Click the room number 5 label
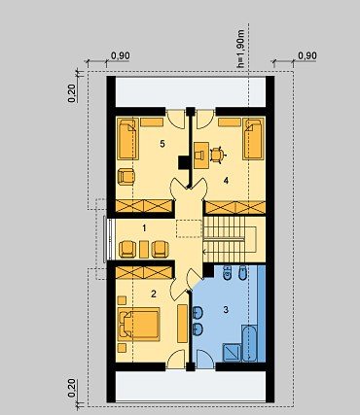(162, 144)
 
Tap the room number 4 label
(226, 181)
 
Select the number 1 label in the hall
(144, 228)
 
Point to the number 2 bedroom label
(154, 294)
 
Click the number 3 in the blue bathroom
(226, 310)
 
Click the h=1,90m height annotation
(241, 49)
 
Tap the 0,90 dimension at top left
(121, 56)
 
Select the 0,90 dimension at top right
(306, 56)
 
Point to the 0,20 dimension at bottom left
(72, 388)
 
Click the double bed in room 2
(139, 325)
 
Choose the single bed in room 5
(127, 139)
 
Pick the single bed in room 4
(254, 139)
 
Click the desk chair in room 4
(217, 156)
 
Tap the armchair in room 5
(126, 177)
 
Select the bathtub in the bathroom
(250, 343)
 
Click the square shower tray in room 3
(232, 353)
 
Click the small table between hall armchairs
(144, 249)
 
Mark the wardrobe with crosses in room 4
(235, 207)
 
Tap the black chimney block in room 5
(184, 163)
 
